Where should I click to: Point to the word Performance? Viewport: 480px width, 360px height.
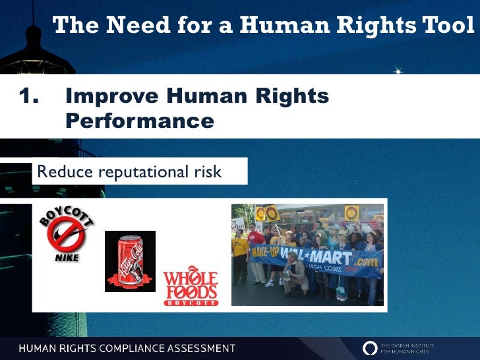(140, 121)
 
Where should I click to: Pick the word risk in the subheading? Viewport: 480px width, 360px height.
(206, 172)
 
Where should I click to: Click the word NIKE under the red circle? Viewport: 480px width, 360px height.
(67, 258)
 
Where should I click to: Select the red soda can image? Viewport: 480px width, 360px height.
(130, 260)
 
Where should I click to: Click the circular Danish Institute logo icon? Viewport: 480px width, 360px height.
(371, 347)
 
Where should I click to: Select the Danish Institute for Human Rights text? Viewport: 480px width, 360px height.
(416, 347)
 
